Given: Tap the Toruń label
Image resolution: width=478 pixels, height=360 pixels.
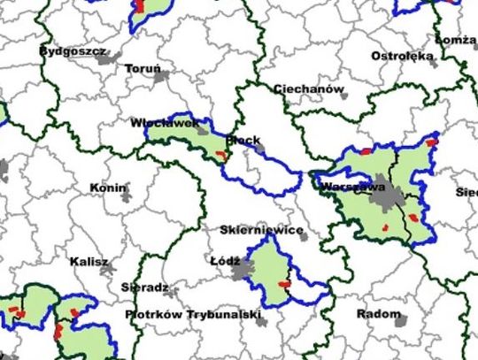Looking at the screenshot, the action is click(x=143, y=69).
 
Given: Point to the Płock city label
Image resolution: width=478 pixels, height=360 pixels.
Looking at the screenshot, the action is click(x=243, y=140).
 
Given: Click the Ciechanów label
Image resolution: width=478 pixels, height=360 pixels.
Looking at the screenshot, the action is click(x=307, y=89).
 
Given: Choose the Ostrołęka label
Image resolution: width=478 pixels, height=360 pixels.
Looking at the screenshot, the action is click(x=403, y=56).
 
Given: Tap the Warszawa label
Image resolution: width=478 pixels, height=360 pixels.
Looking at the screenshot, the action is click(x=352, y=188).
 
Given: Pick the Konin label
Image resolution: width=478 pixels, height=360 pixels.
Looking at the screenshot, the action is click(x=109, y=188).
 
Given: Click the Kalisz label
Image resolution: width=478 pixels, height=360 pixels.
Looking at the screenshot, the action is click(x=89, y=262).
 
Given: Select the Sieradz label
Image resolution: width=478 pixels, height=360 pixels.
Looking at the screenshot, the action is click(x=144, y=287).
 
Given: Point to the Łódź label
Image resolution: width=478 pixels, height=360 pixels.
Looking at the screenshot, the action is click(x=225, y=262).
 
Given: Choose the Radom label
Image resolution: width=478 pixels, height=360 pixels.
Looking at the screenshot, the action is click(x=378, y=314).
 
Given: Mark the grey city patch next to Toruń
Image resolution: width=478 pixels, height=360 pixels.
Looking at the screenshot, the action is click(x=162, y=78).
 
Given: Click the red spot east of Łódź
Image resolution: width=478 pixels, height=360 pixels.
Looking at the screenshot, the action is click(x=284, y=284).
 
